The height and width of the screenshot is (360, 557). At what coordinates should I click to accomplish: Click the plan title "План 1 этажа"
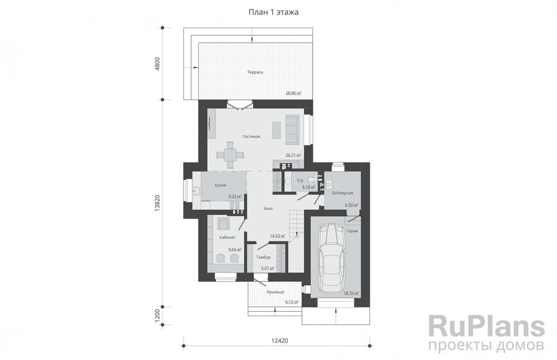click(273, 12)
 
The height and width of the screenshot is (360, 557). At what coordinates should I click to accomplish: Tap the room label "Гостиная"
click(251, 136)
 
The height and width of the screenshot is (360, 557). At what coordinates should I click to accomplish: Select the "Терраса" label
click(255, 72)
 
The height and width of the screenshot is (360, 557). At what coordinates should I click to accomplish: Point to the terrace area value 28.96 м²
click(293, 93)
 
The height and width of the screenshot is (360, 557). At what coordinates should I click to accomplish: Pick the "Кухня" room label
click(220, 185)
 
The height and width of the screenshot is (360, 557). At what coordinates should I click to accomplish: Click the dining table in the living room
click(230, 155)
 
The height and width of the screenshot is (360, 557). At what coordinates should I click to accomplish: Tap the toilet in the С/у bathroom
click(311, 179)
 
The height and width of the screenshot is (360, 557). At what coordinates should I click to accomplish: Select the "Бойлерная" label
click(342, 193)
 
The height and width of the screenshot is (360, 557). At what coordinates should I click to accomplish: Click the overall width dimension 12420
click(280, 340)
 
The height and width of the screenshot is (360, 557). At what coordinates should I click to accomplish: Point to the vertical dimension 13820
click(157, 203)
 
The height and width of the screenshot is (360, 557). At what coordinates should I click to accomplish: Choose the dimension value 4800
click(157, 64)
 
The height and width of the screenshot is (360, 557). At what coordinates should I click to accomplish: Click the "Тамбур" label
click(263, 257)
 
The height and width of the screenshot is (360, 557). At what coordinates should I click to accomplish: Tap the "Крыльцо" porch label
click(275, 292)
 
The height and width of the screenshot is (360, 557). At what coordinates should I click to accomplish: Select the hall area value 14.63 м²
click(277, 236)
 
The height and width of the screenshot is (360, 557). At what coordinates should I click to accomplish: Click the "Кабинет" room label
click(227, 237)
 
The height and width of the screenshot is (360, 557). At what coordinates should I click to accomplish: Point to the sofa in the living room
click(293, 130)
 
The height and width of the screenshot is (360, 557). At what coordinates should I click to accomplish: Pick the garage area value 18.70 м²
click(351, 293)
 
